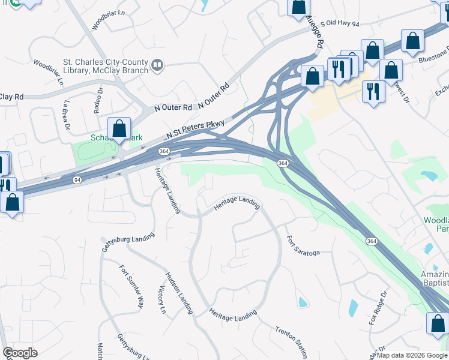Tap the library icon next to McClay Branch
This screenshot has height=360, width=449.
click(x=157, y=64)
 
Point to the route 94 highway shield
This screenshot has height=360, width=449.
click(x=77, y=179)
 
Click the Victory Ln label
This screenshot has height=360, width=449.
click(x=161, y=300)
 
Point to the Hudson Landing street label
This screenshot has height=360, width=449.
click(x=179, y=293)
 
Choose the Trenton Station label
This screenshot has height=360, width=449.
click(x=292, y=343)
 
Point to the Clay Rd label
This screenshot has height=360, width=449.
click(x=12, y=97)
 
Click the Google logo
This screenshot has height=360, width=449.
click(x=20, y=353)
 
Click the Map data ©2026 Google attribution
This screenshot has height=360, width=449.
click(x=411, y=355)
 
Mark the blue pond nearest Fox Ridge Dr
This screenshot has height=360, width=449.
click(x=353, y=308)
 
